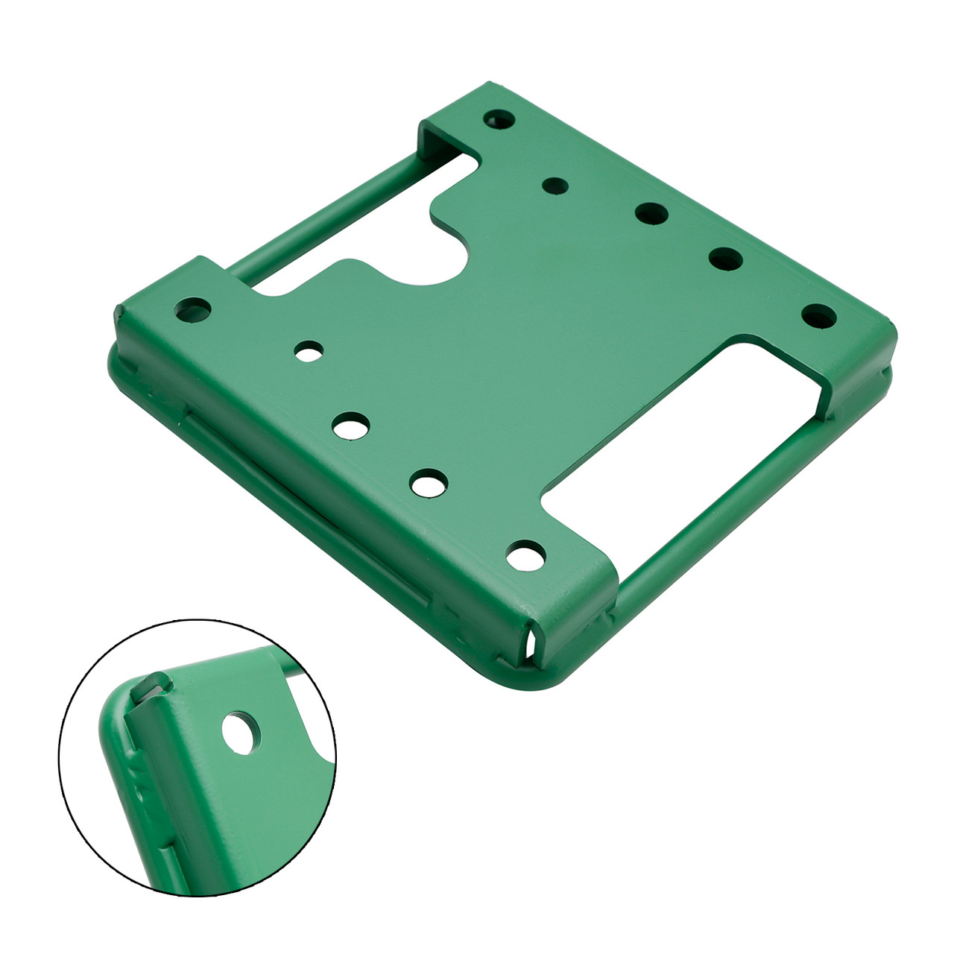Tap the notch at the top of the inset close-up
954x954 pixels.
(x=152, y=682)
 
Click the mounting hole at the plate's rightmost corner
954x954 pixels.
(x=818, y=315)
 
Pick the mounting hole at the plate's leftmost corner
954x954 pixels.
(x=192, y=308)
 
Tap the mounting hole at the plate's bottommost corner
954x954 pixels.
(x=525, y=554)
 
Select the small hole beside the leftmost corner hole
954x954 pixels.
(x=309, y=350)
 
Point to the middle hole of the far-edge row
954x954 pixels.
(x=651, y=212)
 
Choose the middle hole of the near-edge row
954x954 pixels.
(x=351, y=426)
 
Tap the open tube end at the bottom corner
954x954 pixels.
(x=531, y=642)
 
